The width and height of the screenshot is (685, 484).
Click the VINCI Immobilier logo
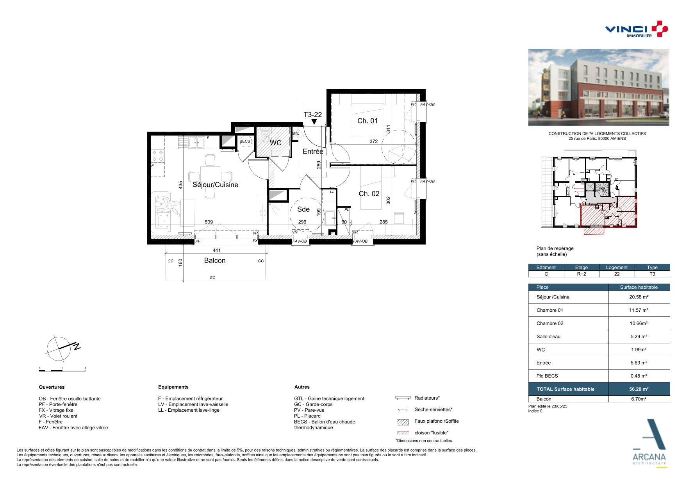tap(636, 29)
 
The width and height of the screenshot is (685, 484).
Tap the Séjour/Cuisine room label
tap(215, 185)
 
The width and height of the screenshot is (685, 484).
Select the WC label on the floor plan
tap(275, 143)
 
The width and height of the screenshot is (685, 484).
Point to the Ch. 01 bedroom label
tap(367, 121)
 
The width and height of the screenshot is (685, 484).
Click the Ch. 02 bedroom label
tap(369, 194)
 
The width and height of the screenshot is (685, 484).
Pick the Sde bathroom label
tap(303, 209)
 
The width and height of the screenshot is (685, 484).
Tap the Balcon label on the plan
tap(215, 261)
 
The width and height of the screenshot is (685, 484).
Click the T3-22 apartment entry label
tap(313, 114)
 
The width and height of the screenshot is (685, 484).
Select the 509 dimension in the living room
tap(209, 222)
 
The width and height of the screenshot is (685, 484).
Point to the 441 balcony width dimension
tap(217, 250)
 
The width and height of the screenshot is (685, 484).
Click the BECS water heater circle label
tap(245, 141)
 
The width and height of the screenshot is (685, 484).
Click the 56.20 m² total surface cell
tap(639, 389)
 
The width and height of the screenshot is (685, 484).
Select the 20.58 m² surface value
tap(639, 297)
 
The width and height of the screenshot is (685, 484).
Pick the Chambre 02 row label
tap(550, 323)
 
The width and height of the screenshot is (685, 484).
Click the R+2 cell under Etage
tap(582, 274)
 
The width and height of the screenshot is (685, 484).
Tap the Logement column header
tap(617, 267)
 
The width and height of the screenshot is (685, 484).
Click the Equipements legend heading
tap(173, 387)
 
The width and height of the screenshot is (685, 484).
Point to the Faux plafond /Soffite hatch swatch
tap(403, 422)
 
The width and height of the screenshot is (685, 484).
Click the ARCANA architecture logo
tap(649, 444)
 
